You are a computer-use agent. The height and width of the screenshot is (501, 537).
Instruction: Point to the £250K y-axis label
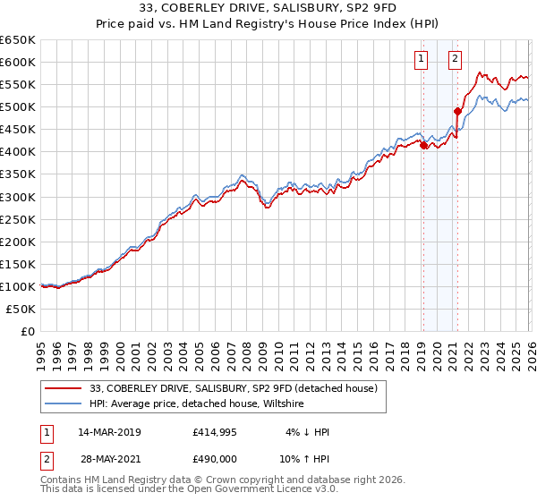pos(17,219)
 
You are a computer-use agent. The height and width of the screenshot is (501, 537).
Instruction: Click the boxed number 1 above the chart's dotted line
pos(422,60)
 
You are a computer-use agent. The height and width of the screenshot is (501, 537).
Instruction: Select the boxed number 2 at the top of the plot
pos(456,60)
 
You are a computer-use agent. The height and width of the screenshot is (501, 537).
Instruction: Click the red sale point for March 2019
pos(422,145)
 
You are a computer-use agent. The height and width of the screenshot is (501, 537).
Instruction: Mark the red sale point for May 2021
pos(457,112)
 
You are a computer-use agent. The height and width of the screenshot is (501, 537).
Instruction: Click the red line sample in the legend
pos(64,388)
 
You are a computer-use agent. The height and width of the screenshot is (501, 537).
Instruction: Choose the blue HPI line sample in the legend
pos(64,404)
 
